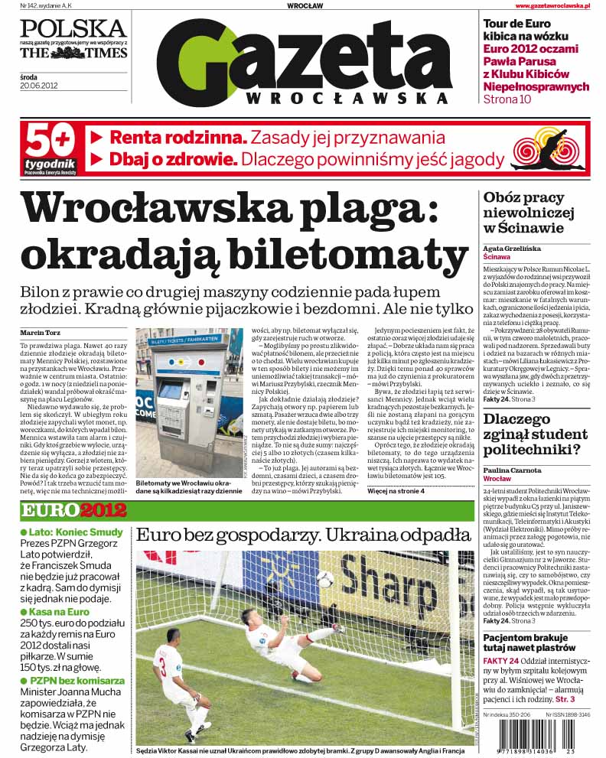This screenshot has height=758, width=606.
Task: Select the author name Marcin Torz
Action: (41, 333)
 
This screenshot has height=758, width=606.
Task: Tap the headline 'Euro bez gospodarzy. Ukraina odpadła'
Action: (303, 535)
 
